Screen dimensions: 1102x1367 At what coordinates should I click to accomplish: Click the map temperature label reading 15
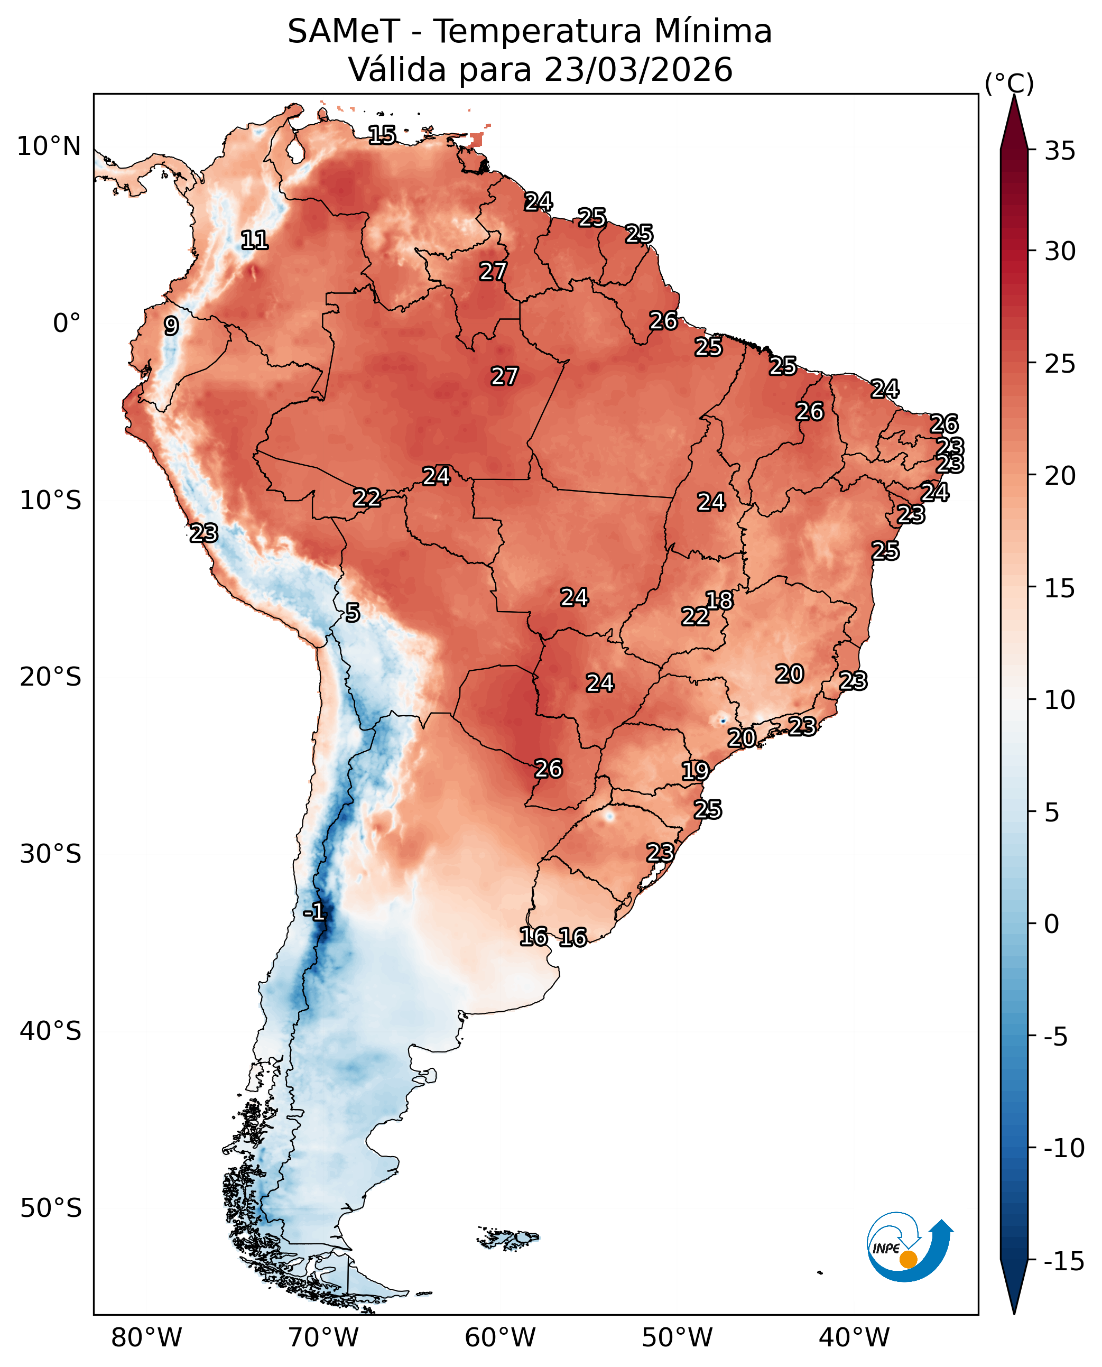pos(382,135)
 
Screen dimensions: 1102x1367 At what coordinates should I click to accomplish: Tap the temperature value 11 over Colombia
pos(255,240)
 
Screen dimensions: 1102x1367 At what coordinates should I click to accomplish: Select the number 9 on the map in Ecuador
pos(171,326)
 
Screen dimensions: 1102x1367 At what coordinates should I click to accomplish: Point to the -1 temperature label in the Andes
pos(314,912)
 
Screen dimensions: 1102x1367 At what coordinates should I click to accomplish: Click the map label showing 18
pos(719,600)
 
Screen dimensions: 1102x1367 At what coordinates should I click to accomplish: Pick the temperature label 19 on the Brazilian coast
pos(695,771)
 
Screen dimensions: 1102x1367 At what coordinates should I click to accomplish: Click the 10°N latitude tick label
pos(49,146)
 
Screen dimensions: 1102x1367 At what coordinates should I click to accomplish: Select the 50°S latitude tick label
pos(51,1208)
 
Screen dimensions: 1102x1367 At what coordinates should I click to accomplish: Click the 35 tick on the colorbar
pos(1060,151)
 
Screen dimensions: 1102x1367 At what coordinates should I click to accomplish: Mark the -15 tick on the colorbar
pos(1064,1260)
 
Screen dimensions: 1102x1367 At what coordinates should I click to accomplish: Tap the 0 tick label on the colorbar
pos(1052,925)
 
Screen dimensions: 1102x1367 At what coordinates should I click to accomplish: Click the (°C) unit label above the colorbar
pos(1010,83)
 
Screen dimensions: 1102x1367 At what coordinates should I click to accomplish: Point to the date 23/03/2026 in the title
pos(638,69)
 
